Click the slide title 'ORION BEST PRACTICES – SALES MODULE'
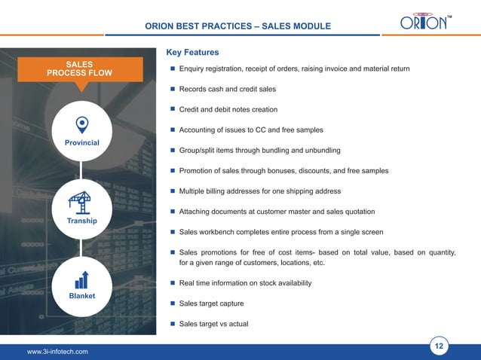click(x=237, y=26)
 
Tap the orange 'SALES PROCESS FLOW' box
click(x=79, y=68)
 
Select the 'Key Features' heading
click(x=191, y=53)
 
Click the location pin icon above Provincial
click(x=81, y=124)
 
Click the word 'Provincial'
click(x=81, y=143)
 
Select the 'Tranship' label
click(x=81, y=221)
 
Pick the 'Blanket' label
click(x=81, y=296)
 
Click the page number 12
click(x=439, y=346)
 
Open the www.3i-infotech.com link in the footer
click(x=57, y=352)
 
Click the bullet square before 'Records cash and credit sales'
click(x=172, y=90)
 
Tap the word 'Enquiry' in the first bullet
click(x=194, y=69)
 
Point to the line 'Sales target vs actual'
click(x=213, y=324)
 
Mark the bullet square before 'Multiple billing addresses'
click(x=172, y=191)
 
